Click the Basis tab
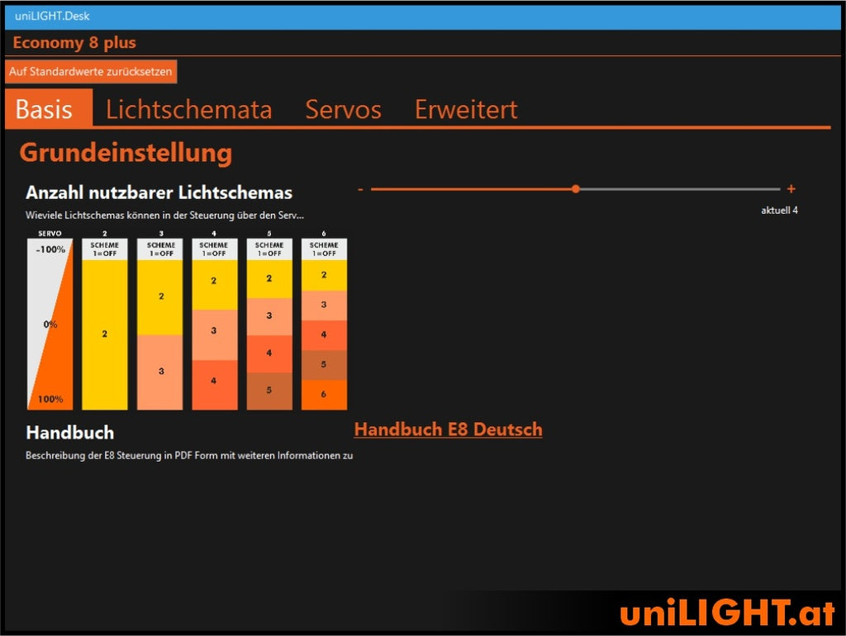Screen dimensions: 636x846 tap(45, 110)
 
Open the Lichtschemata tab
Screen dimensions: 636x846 tap(189, 110)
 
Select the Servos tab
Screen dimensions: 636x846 tap(343, 110)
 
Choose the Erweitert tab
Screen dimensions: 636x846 tap(466, 110)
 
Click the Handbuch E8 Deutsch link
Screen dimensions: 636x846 tap(448, 430)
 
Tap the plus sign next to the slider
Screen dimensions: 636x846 tap(791, 189)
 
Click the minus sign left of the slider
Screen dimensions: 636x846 tap(360, 189)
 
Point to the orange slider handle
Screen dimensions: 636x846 tap(576, 189)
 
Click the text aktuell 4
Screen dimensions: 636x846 tap(779, 211)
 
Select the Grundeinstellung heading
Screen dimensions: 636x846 tap(126, 153)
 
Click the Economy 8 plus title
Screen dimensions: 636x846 tap(74, 43)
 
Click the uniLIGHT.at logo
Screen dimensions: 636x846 tap(727, 613)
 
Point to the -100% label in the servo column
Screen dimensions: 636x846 tap(50, 249)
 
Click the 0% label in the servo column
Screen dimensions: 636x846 tap(50, 325)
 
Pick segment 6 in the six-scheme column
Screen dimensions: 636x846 tap(324, 395)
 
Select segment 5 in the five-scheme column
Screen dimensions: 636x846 tap(269, 391)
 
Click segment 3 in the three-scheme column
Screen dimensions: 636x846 tap(160, 372)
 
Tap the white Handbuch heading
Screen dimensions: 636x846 tap(70, 433)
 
